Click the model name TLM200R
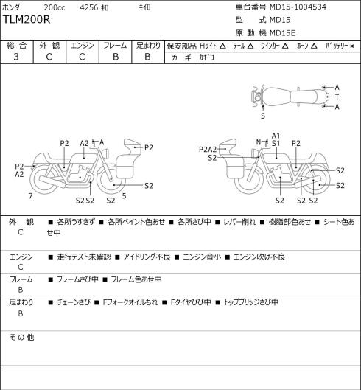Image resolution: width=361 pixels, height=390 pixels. coord(27,20)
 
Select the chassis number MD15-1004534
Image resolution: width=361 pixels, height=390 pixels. coord(298,7)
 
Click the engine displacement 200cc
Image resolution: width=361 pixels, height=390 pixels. coord(55,7)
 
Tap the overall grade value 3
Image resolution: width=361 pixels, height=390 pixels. coord(16,57)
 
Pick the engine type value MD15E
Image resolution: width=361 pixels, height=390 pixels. coord(282,33)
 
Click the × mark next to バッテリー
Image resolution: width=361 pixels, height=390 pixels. coord(352,46)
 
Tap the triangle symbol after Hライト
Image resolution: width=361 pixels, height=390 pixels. coord(222,46)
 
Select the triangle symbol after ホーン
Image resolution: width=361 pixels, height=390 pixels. coord(314,46)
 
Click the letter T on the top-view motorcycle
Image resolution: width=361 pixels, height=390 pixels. coord(337,97)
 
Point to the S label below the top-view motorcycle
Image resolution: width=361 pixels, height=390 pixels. coord(263,116)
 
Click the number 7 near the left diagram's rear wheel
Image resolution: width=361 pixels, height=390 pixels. coord(31,196)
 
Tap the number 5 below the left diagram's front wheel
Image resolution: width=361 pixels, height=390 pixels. coord(124,196)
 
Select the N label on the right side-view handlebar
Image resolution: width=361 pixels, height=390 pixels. coord(259,142)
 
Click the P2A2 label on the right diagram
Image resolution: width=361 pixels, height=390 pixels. coord(208,149)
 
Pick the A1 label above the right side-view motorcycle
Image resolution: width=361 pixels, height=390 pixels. coord(276,136)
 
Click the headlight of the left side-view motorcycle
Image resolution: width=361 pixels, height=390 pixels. coord(106,153)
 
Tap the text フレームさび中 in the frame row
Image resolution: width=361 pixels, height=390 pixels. coord(77,279)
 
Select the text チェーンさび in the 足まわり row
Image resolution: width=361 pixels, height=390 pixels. coord(74,302)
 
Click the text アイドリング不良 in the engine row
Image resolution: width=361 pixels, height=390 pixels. coord(147,257)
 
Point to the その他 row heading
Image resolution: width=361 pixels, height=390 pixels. coord(21,337)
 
